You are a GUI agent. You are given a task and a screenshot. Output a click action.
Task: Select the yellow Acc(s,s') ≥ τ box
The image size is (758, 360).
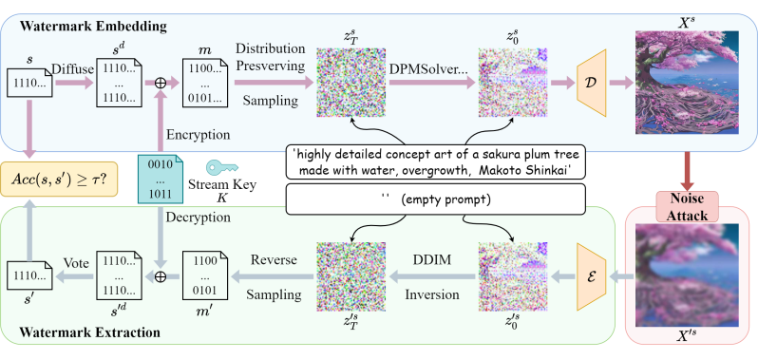57,176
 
